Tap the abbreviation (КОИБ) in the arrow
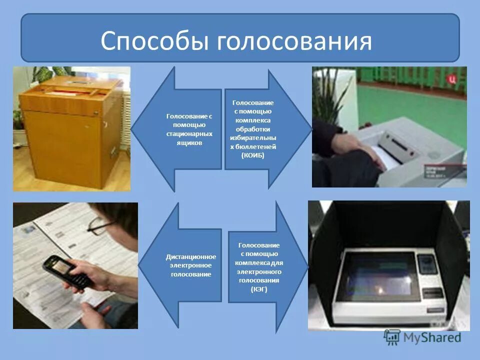(x=252, y=155)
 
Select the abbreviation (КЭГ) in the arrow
(x=259, y=289)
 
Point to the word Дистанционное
(x=190, y=256)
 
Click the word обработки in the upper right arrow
(x=253, y=129)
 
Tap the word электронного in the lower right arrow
(x=259, y=271)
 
